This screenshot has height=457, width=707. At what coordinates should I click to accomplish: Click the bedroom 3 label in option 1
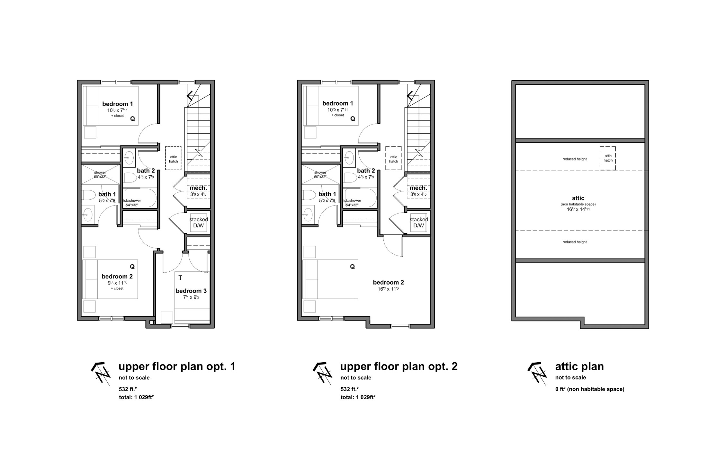191,291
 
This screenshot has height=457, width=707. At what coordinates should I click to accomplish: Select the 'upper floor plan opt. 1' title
177,367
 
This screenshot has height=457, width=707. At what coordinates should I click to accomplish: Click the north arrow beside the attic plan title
537,374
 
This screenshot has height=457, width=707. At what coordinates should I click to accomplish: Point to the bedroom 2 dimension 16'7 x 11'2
388,289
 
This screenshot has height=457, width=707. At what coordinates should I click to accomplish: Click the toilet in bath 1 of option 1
87,195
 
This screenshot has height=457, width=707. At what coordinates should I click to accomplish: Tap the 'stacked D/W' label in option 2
418,223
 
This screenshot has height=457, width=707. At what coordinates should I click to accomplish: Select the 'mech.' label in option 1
198,188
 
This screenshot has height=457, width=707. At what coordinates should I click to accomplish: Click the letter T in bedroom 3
180,278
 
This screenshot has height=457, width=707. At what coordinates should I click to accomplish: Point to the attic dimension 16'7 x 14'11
578,209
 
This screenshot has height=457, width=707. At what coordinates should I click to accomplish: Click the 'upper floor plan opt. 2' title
399,367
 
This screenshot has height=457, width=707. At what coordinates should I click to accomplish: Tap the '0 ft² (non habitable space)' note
590,389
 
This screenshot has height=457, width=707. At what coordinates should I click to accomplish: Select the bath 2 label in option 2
366,171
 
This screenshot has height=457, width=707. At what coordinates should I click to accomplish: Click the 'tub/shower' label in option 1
132,201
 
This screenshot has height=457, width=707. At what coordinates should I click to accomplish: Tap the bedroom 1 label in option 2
337,103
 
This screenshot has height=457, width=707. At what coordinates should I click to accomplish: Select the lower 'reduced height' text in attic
575,242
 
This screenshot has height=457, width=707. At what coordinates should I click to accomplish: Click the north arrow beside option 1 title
101,374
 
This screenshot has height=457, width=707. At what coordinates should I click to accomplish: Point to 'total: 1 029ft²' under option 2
358,397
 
